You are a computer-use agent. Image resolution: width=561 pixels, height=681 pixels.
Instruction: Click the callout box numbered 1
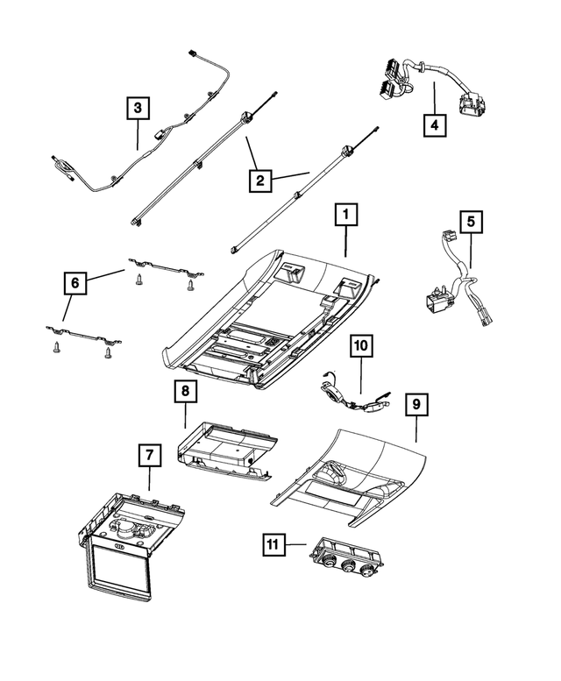pos(345,214)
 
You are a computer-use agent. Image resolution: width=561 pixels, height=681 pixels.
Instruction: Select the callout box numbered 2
pos(259,181)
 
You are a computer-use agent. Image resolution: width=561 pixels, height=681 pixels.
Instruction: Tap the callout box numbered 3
pos(137,109)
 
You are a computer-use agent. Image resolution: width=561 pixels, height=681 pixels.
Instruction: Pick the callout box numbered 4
pos(433,124)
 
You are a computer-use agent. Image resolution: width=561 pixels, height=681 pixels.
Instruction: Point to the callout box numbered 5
pos(471,223)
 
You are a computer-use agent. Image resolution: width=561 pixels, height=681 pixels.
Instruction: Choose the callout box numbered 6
pos(75,282)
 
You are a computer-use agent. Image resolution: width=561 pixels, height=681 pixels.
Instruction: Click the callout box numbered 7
pos(149,455)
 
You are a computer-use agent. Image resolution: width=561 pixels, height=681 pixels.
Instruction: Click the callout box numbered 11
pos(274,545)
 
